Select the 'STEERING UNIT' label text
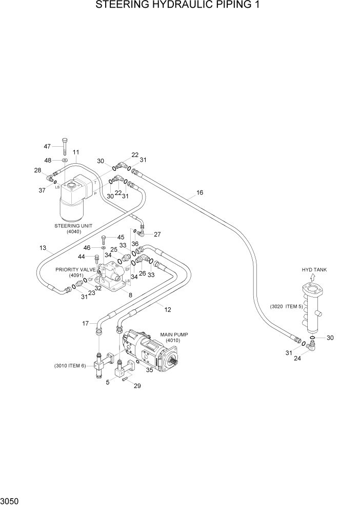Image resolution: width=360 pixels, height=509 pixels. pyautogui.click(x=71, y=225)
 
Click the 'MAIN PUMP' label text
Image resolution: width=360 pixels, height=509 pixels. pyautogui.click(x=174, y=334)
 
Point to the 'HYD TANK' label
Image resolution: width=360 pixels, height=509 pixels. pyautogui.click(x=313, y=269)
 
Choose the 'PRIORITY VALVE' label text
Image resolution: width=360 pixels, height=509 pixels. pyautogui.click(x=76, y=269)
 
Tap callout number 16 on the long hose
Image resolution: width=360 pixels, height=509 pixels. pyautogui.click(x=199, y=192)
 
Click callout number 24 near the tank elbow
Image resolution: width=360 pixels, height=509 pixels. pyautogui.click(x=297, y=359)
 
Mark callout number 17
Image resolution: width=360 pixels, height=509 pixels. pyautogui.click(x=86, y=323)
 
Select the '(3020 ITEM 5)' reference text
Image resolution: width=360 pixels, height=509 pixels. pyautogui.click(x=287, y=306)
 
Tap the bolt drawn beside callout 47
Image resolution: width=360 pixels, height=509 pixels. pyautogui.click(x=64, y=146)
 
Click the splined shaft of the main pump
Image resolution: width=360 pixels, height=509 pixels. pyautogui.click(x=174, y=365)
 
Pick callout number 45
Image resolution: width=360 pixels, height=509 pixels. pyautogui.click(x=121, y=237)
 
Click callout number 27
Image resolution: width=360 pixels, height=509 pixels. pyautogui.click(x=157, y=234)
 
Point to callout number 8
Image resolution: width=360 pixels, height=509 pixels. pyautogui.click(x=130, y=295)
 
